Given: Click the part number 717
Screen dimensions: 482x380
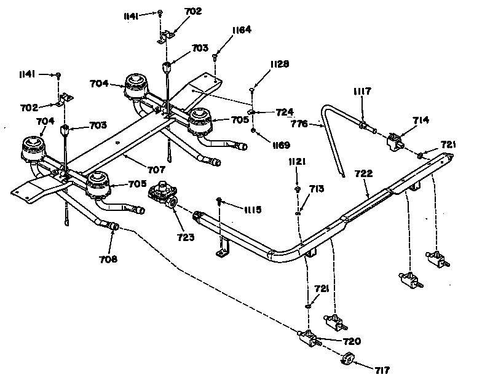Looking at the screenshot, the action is (x=382, y=370).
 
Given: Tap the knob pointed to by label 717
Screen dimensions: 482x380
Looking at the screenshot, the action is (x=348, y=358).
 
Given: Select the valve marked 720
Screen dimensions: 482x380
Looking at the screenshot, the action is (x=309, y=338).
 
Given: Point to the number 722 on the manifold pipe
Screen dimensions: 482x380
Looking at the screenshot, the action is (x=364, y=173).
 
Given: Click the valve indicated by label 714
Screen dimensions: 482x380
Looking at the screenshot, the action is (x=394, y=141).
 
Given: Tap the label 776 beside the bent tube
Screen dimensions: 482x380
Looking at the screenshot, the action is (x=299, y=124).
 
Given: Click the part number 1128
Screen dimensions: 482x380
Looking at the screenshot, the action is (x=279, y=64).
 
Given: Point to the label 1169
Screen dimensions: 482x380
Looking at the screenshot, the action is (x=280, y=145).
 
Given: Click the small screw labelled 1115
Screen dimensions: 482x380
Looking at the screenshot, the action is (x=219, y=200).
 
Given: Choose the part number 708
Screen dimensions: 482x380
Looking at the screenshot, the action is (x=108, y=259).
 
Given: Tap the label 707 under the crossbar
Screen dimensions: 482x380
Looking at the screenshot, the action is (x=156, y=170).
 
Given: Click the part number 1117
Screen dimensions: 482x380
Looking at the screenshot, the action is (x=362, y=91).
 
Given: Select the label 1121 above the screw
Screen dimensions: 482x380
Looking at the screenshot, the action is (x=296, y=162).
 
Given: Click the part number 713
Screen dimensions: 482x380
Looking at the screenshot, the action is (x=317, y=188).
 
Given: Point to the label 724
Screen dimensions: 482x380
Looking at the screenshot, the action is (x=284, y=112).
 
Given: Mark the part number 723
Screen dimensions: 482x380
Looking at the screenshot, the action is (x=186, y=237).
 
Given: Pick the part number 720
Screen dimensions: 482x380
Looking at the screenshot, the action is (x=352, y=341).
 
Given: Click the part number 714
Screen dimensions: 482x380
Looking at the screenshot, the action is (x=421, y=120).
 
